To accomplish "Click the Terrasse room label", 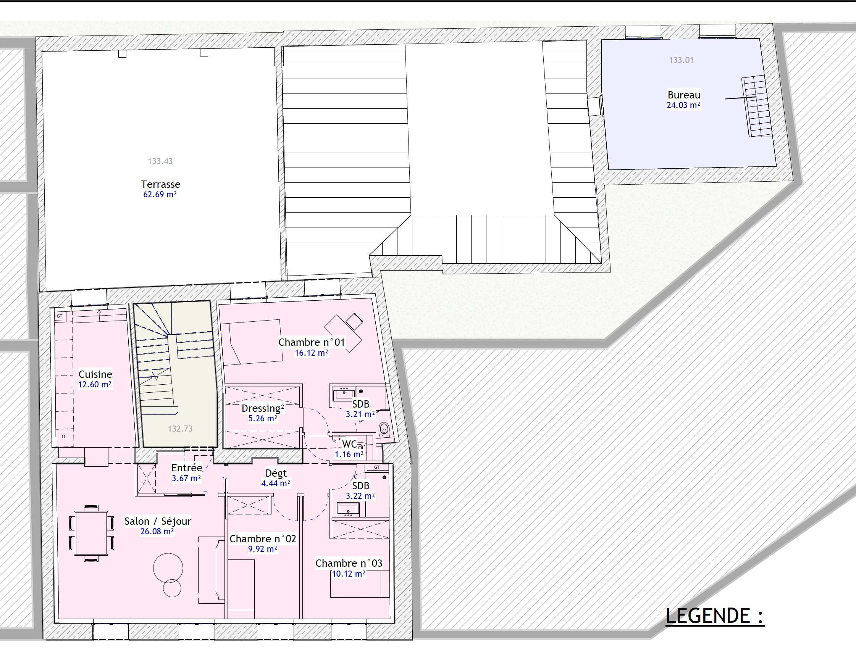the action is (160, 184).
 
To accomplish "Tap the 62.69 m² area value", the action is (160, 194).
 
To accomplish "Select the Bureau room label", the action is (684, 95).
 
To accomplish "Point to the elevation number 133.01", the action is (681, 60).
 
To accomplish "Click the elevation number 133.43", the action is (160, 161).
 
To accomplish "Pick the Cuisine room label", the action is (95, 374).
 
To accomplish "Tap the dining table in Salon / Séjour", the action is (91, 533).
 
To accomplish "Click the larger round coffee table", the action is (168, 568).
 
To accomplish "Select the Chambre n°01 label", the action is (312, 342).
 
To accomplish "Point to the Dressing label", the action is (263, 408).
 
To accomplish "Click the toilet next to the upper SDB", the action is (384, 429).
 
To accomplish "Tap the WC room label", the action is (349, 444).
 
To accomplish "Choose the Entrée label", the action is (187, 468).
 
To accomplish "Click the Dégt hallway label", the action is (276, 473).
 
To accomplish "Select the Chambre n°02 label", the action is (263, 538).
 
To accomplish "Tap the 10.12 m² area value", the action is (348, 574).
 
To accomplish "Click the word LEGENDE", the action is (708, 616).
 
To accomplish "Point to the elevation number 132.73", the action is (180, 429).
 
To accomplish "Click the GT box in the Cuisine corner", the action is (60, 316).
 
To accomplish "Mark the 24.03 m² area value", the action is (683, 105).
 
